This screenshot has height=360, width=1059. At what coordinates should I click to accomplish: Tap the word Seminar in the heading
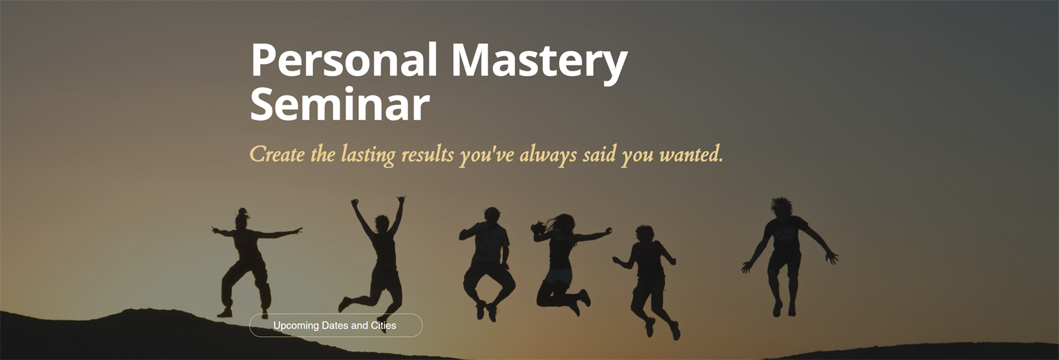click(340, 104)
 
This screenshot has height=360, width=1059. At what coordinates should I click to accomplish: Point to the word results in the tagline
click(428, 155)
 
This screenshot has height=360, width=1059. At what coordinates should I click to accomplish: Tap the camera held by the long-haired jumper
click(537, 228)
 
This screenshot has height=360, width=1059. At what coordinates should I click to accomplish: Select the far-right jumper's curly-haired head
click(781, 208)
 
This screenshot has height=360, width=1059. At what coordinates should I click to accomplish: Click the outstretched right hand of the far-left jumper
click(297, 230)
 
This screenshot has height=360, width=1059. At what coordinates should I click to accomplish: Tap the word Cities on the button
click(383, 326)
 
